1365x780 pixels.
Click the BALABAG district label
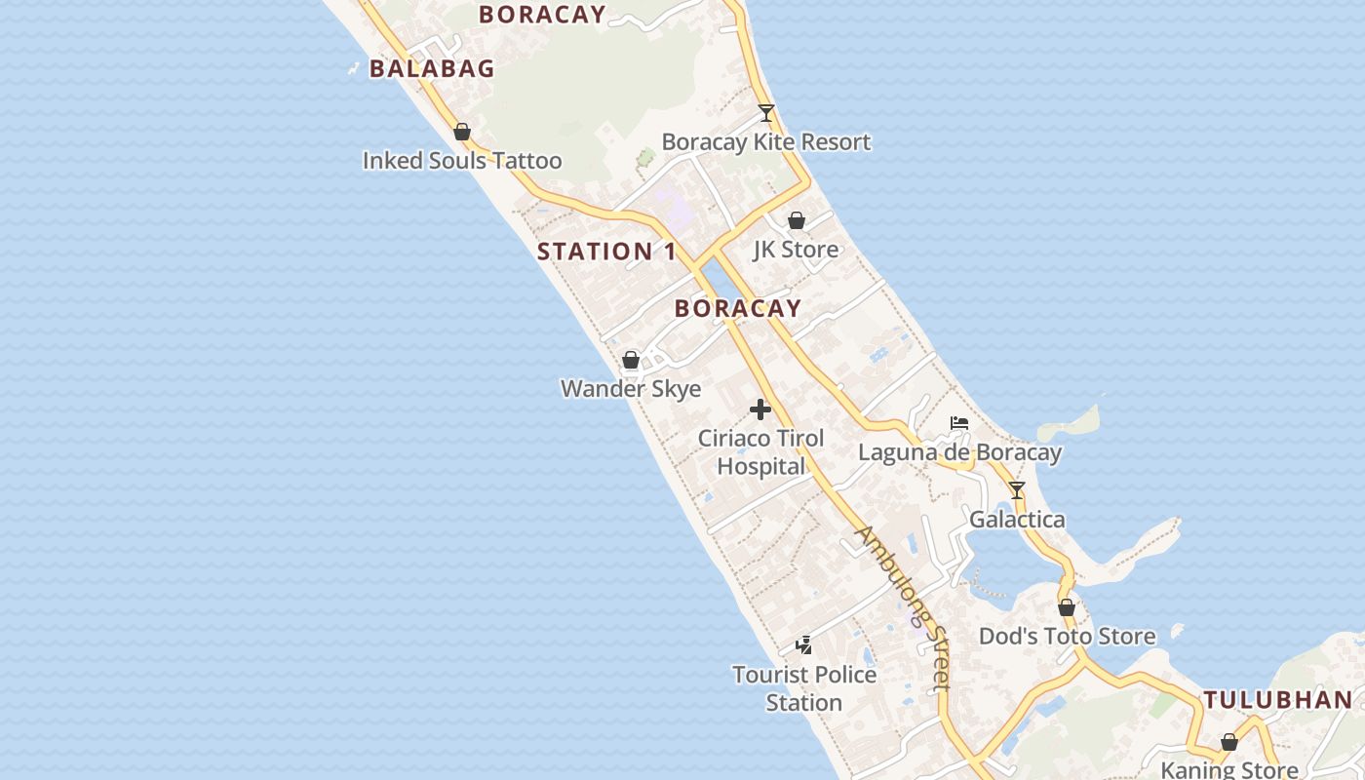tap(432, 68)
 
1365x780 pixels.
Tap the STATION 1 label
tap(606, 252)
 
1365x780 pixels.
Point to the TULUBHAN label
tap(1277, 700)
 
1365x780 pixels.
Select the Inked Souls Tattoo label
tap(462, 161)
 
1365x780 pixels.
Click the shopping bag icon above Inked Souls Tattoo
tap(462, 132)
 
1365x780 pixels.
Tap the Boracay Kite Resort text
tap(766, 142)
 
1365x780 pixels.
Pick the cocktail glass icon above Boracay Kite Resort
tap(766, 113)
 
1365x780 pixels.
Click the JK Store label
tap(796, 250)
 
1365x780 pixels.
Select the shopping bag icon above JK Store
tap(796, 220)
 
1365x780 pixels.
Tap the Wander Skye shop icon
tap(631, 360)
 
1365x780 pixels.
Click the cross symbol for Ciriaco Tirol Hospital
tap(760, 409)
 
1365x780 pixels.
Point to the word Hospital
tap(760, 467)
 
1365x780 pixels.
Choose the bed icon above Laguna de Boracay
tap(959, 423)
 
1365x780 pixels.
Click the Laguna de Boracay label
tap(959, 452)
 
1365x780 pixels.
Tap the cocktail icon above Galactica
tap(1017, 489)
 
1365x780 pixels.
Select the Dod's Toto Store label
tap(1067, 637)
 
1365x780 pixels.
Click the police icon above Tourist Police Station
tap(804, 644)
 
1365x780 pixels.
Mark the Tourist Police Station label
tap(804, 688)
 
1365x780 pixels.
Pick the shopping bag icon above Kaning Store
tap(1229, 742)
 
